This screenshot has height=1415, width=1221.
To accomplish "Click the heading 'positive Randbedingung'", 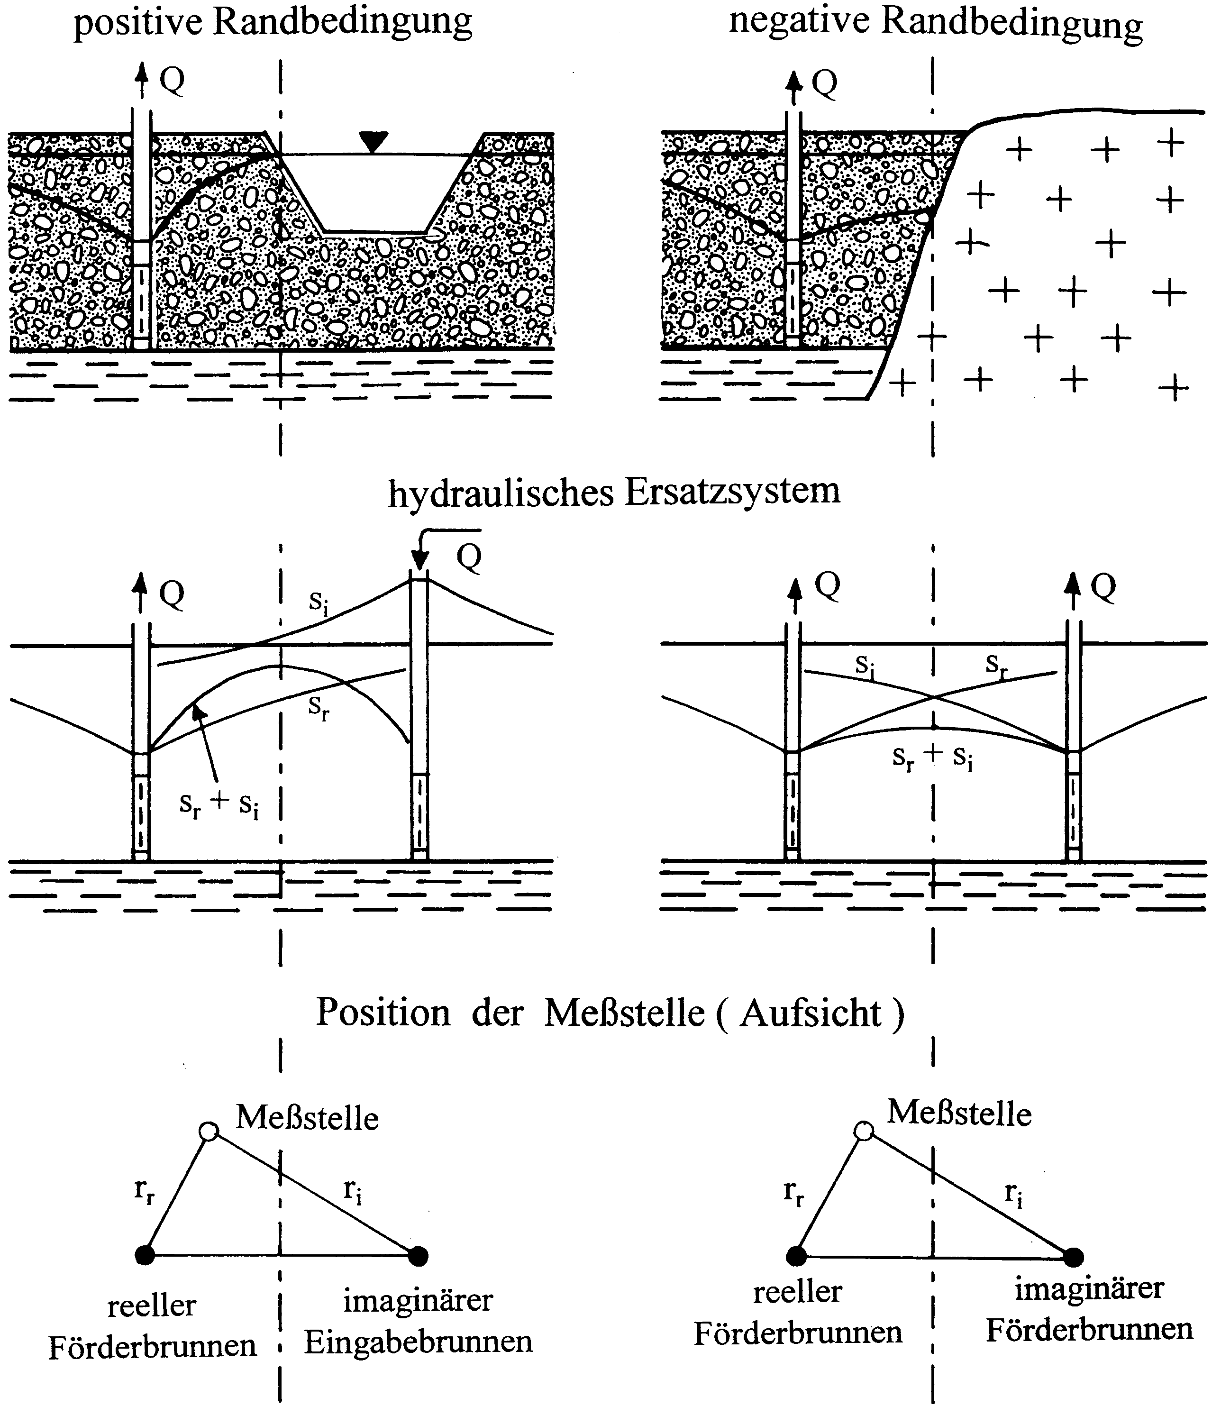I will (273, 23).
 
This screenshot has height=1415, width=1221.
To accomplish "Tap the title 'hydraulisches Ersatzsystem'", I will (614, 492).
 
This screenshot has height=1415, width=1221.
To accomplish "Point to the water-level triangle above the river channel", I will (373, 141).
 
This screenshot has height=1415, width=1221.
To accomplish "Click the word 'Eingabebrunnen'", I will (418, 1342).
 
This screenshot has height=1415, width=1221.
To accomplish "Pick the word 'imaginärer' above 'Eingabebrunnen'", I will (418, 1300).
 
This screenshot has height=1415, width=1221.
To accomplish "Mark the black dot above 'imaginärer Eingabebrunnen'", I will (418, 1255).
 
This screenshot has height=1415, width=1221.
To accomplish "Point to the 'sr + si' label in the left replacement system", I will (219, 804).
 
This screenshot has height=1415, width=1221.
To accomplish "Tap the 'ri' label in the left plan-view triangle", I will (352, 1192).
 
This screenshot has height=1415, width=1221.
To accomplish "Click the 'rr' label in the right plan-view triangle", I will (793, 1192).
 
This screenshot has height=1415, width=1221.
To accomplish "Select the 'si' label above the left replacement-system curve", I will (318, 601).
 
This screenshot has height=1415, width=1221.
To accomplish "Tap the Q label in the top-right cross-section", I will (824, 84).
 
